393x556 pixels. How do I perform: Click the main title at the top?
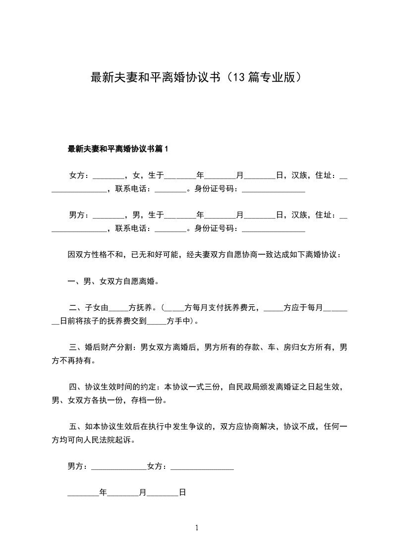click(x=196, y=77)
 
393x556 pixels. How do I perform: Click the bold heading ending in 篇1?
click(x=118, y=148)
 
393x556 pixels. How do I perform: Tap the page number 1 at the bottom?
click(x=197, y=528)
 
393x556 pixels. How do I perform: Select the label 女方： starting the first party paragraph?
click(x=79, y=175)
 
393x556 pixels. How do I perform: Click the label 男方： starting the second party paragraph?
click(x=79, y=215)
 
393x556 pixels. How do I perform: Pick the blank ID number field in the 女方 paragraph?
click(x=273, y=189)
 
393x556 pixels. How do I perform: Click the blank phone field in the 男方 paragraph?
click(x=170, y=229)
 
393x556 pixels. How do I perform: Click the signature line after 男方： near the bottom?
click(x=119, y=467)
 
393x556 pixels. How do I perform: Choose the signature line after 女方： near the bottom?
click(x=202, y=467)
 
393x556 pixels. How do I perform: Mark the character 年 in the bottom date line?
click(x=103, y=493)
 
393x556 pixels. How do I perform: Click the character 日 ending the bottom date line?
click(x=182, y=493)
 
